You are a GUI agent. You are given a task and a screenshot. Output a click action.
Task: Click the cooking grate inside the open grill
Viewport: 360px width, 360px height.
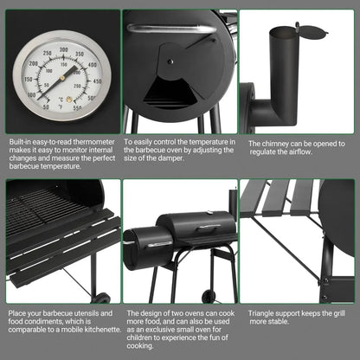tap(43, 207)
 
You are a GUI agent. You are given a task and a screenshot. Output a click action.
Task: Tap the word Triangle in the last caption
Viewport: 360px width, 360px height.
tap(262, 313)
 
